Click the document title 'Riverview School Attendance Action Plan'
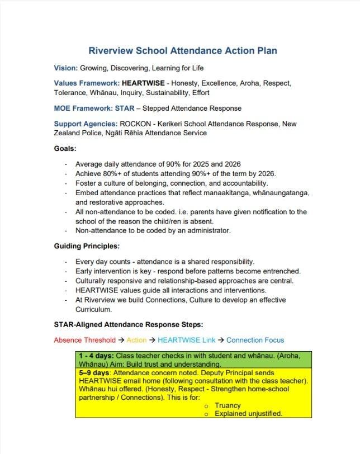point(182,51)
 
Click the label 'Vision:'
point(65,68)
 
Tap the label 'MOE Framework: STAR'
point(94,108)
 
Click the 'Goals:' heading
point(65,149)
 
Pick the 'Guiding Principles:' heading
point(87,246)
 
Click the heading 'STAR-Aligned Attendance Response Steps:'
point(129,324)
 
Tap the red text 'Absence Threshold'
point(84,340)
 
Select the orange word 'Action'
point(136,340)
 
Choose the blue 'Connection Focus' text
point(255,340)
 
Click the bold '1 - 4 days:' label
point(96,356)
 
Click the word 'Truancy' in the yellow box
point(228,405)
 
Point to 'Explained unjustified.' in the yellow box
point(248,414)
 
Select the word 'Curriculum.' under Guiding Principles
point(94,309)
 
